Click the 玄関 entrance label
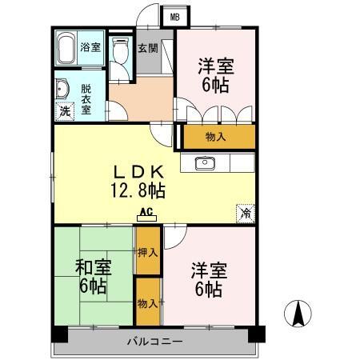pyautogui.click(x=148, y=47)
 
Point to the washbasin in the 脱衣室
pyautogui.click(x=62, y=89)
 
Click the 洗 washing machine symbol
pyautogui.click(x=65, y=111)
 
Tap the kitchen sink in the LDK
pyautogui.click(x=205, y=164)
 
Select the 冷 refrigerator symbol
pyautogui.click(x=246, y=214)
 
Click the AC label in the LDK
pyautogui.click(x=146, y=213)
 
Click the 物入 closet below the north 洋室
pyautogui.click(x=216, y=137)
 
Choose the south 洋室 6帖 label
pyautogui.click(x=207, y=279)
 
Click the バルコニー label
pyautogui.click(x=154, y=342)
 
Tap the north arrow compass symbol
pyautogui.click(x=298, y=312)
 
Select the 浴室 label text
pyautogui.click(x=90, y=47)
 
